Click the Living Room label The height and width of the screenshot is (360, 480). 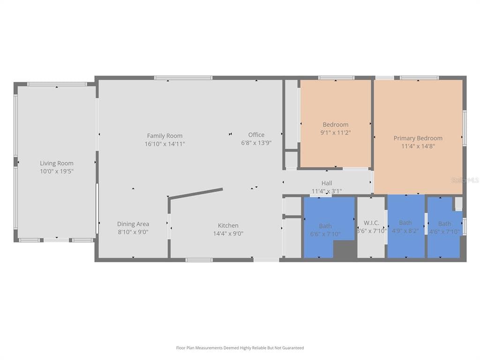(x=56, y=163)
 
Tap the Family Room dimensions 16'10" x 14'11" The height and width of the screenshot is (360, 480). (x=165, y=144)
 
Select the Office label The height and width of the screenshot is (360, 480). (x=256, y=135)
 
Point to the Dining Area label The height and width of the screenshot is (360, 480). (x=133, y=224)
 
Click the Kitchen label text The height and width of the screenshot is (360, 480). (x=228, y=225)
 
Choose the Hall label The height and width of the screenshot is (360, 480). (x=327, y=183)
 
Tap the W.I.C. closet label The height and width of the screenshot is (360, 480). (x=372, y=223)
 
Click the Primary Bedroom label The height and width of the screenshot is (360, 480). (x=418, y=138)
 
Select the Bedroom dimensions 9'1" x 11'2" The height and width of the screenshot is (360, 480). (x=336, y=133)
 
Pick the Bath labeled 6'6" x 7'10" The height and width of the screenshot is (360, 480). (x=325, y=230)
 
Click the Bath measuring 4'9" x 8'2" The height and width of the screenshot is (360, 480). (x=405, y=227)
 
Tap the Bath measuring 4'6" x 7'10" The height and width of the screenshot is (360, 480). (x=444, y=228)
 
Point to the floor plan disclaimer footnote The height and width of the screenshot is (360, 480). (x=240, y=348)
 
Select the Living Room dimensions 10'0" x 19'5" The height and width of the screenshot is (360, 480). (x=56, y=171)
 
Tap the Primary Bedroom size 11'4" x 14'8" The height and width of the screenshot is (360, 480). (x=418, y=146)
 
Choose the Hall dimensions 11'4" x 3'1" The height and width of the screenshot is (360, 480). (x=327, y=191)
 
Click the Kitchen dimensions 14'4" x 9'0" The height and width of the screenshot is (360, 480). (x=228, y=233)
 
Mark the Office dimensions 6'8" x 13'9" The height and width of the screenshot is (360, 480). (x=256, y=143)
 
